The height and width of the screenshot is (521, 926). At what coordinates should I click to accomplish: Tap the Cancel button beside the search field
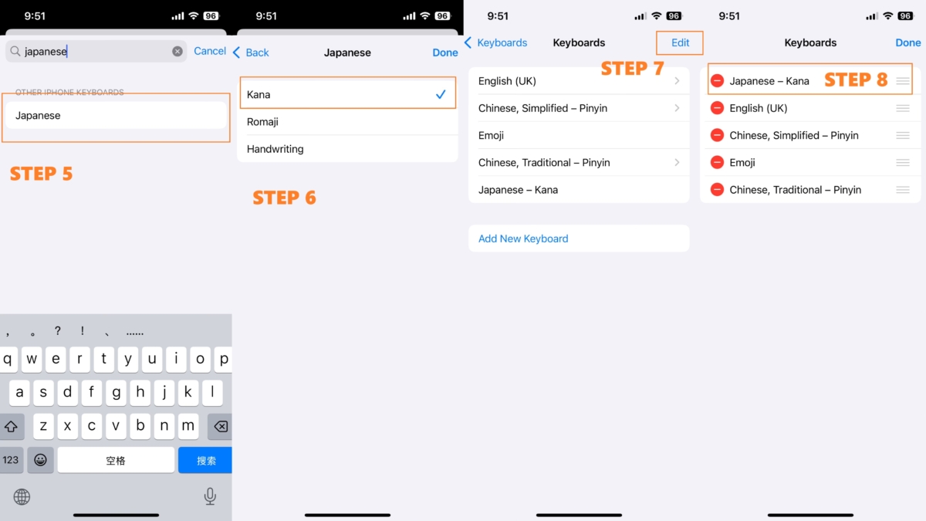(x=210, y=51)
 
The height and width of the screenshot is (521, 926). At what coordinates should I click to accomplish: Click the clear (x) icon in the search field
(x=177, y=51)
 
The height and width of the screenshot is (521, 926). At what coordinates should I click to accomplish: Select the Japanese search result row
(x=116, y=115)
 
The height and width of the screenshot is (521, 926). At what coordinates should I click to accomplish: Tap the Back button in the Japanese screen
(x=251, y=52)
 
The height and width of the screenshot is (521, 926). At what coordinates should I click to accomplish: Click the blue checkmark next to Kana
(x=441, y=95)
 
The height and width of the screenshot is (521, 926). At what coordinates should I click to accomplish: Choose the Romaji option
(x=262, y=122)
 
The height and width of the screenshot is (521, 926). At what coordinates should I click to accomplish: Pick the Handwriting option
(x=275, y=149)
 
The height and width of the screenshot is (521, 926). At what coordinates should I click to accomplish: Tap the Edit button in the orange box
(x=680, y=42)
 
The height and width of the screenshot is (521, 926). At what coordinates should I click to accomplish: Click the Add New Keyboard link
(x=523, y=239)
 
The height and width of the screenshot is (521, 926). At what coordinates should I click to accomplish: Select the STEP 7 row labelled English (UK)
(x=579, y=81)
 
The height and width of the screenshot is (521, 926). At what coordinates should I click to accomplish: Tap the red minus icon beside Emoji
(x=717, y=163)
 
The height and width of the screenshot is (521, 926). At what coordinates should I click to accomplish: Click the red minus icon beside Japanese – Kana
(x=717, y=80)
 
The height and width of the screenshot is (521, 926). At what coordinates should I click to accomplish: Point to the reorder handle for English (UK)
(x=903, y=108)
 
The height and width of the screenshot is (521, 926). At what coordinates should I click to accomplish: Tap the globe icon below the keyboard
(x=22, y=496)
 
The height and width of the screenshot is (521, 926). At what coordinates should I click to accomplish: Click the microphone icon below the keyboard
(x=210, y=496)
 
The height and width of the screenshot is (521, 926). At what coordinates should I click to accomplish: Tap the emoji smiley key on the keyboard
(x=40, y=460)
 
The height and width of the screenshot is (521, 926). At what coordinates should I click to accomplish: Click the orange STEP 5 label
(x=42, y=174)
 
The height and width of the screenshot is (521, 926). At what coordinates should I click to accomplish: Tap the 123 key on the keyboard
(x=11, y=460)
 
